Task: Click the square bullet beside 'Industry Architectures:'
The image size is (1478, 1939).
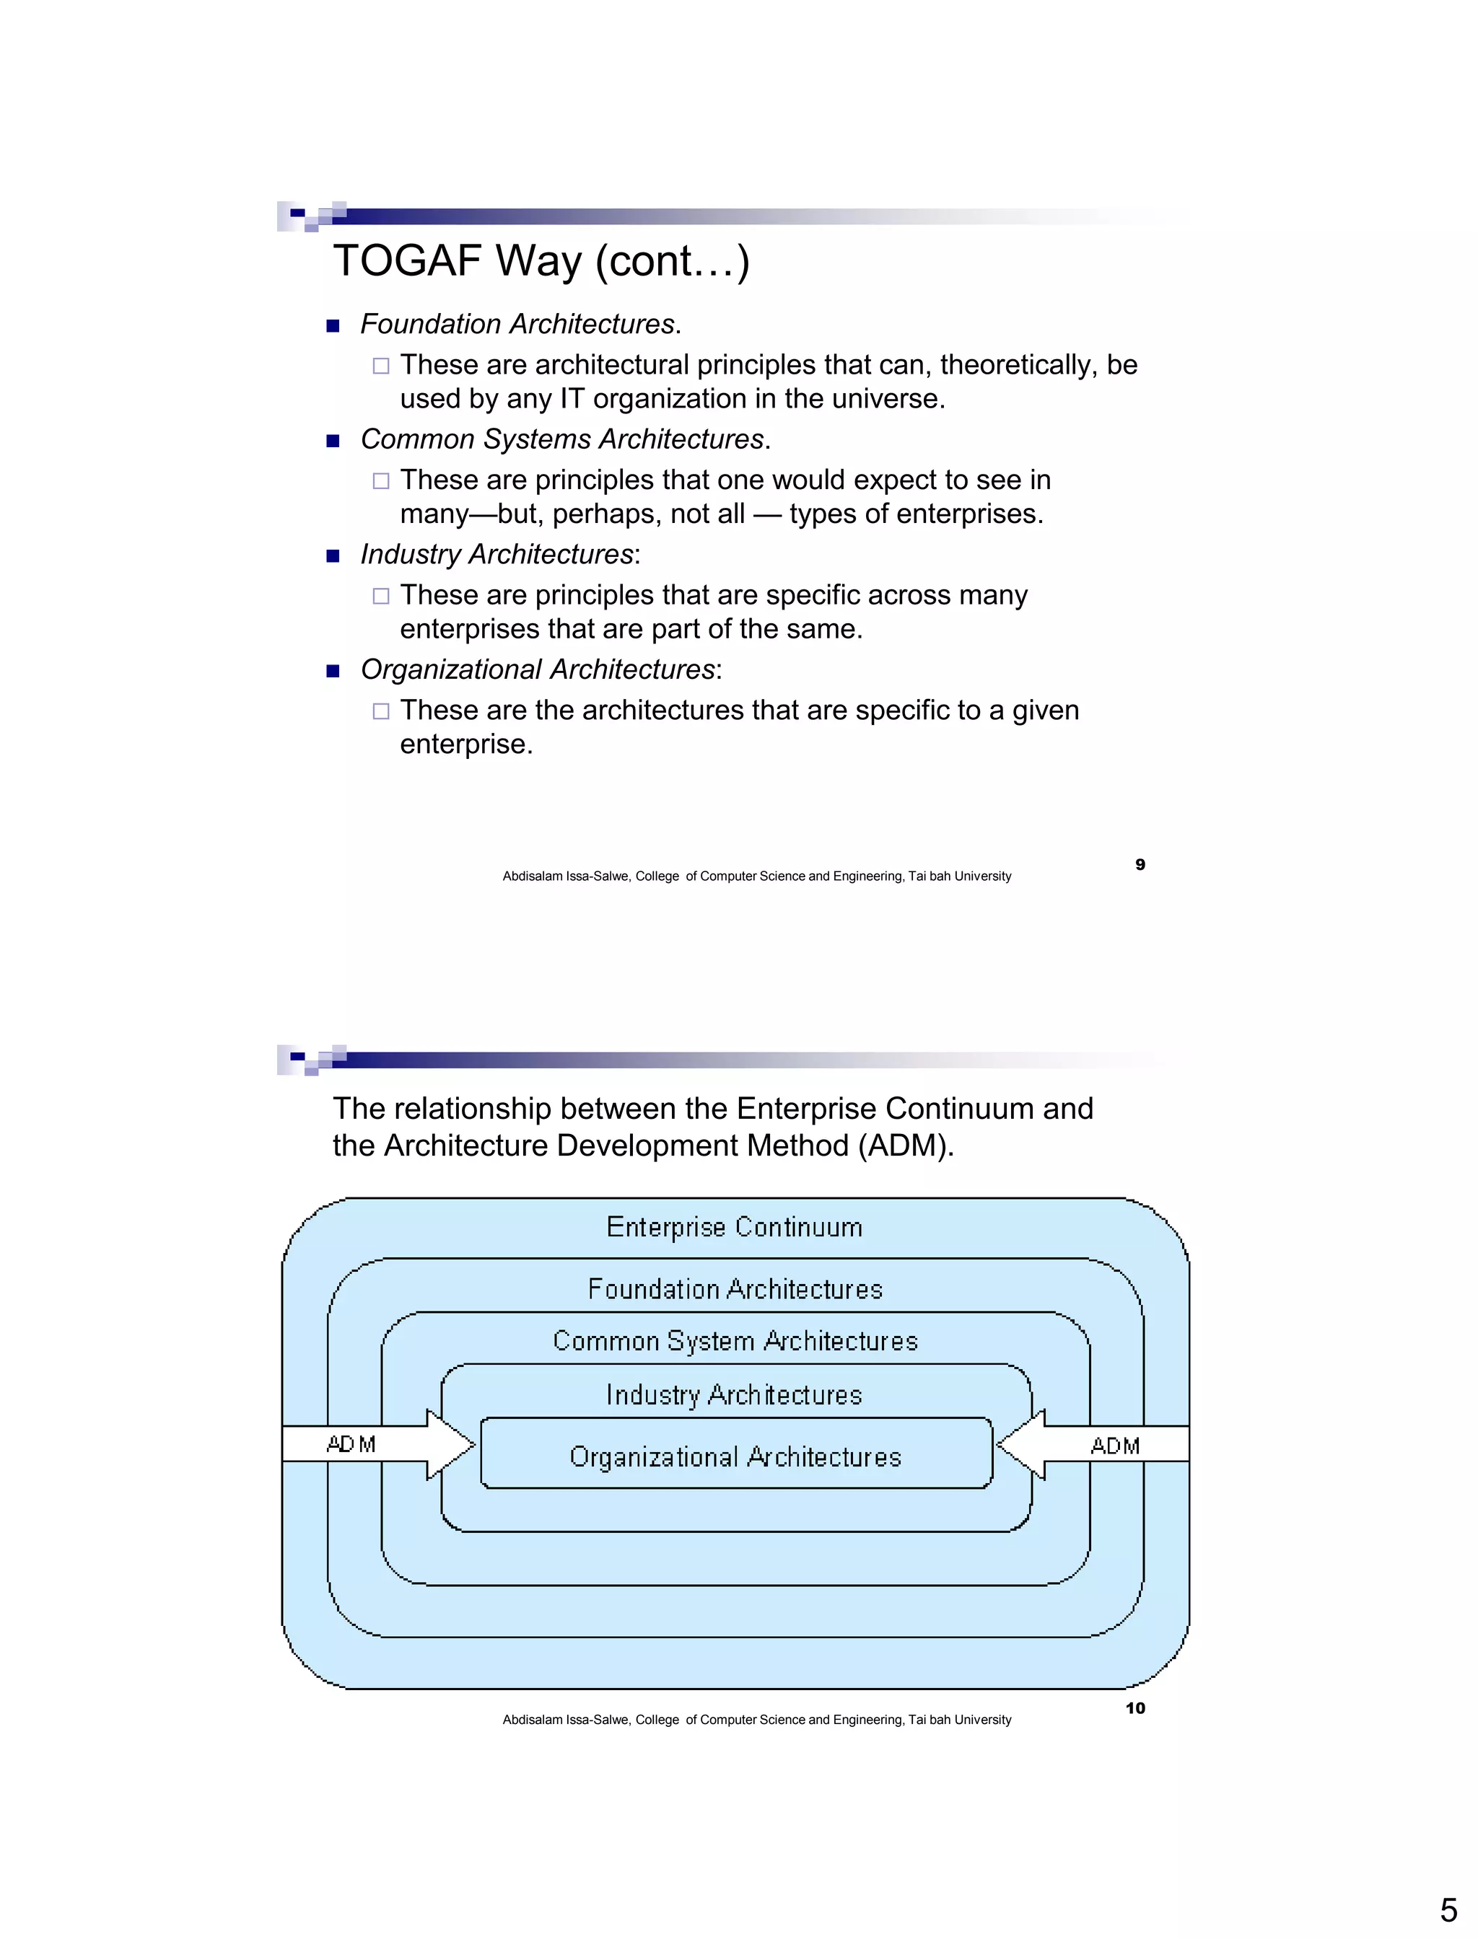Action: point(333,555)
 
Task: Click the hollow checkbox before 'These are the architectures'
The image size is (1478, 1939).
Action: point(381,711)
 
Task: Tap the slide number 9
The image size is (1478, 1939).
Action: point(1140,864)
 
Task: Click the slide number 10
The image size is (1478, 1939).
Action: point(1136,1707)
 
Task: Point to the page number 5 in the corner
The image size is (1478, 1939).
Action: point(1448,1910)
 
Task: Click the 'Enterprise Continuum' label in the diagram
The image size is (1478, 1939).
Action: point(735,1228)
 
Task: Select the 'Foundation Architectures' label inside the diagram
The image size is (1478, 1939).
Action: point(735,1290)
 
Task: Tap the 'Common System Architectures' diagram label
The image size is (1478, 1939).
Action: point(735,1342)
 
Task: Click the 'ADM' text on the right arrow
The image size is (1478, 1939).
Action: point(1115,1446)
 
